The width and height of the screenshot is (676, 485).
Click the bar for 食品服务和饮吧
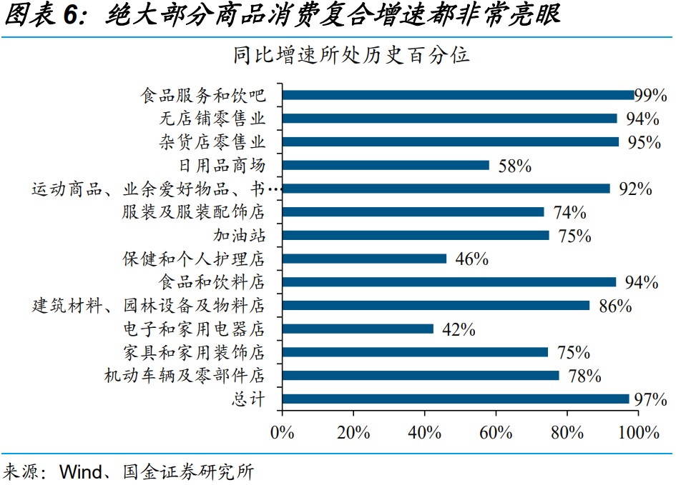(x=458, y=95)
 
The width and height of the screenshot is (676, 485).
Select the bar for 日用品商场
(x=386, y=165)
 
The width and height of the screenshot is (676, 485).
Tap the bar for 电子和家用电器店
(x=358, y=329)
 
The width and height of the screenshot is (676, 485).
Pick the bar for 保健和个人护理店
(x=364, y=259)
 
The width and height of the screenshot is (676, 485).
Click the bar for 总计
(x=455, y=399)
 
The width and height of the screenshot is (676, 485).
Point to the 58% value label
(x=514, y=166)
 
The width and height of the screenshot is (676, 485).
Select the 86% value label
(x=615, y=306)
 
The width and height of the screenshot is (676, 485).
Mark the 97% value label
(x=650, y=399)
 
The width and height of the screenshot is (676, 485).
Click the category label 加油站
(x=239, y=235)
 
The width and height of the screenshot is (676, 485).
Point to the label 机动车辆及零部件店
(x=185, y=376)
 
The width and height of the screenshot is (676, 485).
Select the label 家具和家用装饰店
(x=194, y=352)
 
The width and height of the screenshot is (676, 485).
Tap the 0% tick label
(x=283, y=432)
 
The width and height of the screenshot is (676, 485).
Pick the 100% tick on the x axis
(x=638, y=432)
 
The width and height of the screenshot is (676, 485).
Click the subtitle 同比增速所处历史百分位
(x=351, y=55)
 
